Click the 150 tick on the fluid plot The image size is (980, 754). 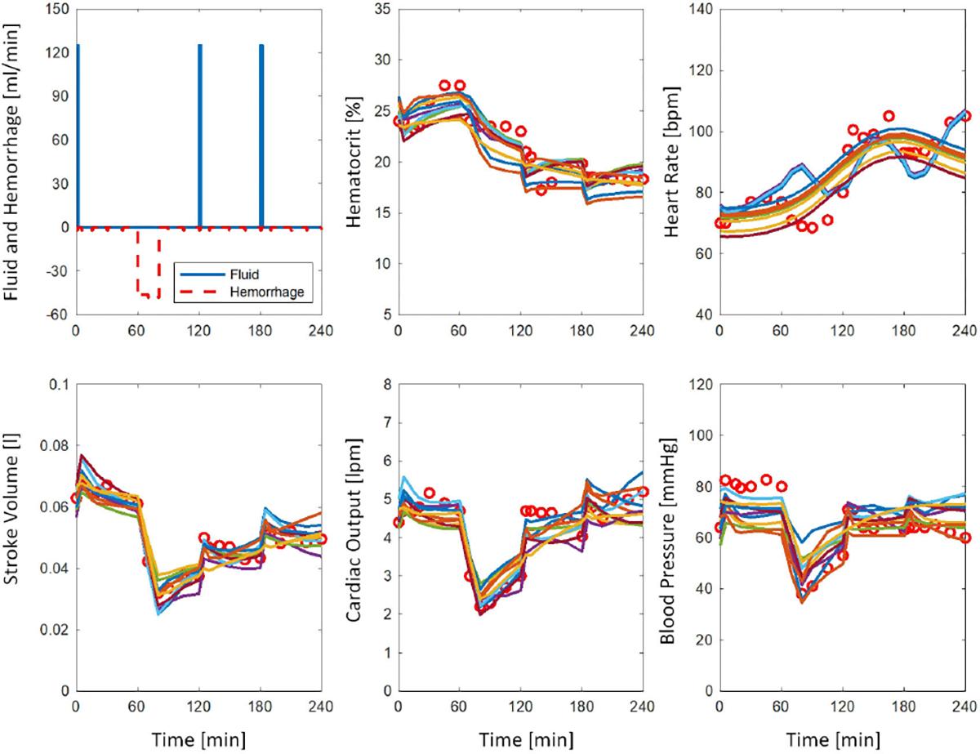56,10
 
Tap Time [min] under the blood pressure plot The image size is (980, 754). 841,739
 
